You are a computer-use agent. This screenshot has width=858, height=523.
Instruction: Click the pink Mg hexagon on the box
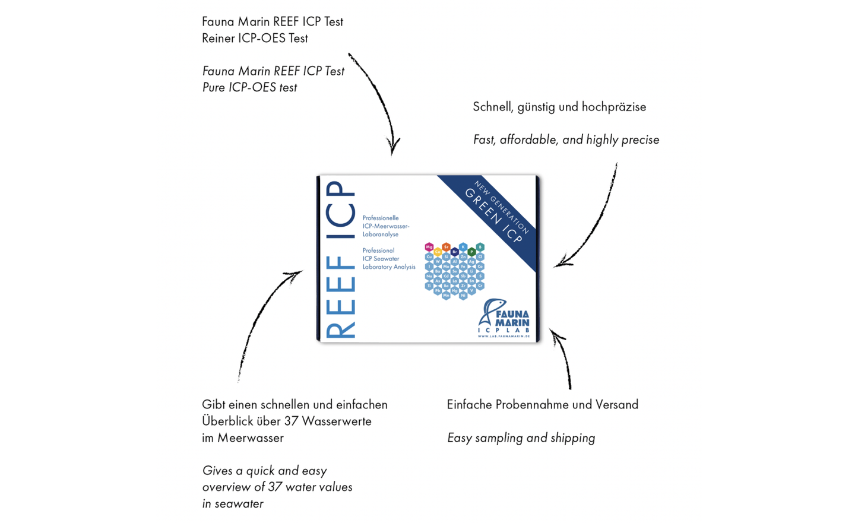click(429, 247)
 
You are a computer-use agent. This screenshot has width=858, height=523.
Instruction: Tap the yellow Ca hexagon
click(438, 252)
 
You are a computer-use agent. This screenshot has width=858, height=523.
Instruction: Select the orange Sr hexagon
click(446, 247)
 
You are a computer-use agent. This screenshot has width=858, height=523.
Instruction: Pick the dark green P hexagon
click(471, 252)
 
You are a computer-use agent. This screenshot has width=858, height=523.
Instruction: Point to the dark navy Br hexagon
click(455, 252)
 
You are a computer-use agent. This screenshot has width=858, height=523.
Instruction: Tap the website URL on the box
click(504, 337)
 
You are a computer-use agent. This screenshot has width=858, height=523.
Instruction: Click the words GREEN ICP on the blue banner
click(493, 215)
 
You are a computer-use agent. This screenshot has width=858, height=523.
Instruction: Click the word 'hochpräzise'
click(613, 107)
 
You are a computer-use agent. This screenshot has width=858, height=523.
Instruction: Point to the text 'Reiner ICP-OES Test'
click(255, 39)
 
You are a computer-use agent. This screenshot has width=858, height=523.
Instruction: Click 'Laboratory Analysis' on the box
click(389, 267)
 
